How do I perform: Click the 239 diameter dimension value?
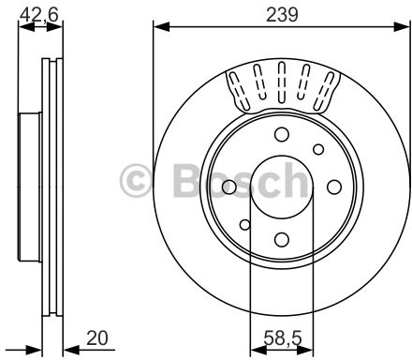tap(282, 15)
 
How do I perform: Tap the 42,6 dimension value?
tap(39, 15)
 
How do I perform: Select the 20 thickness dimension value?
tap(97, 337)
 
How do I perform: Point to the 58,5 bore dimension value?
tap(283, 338)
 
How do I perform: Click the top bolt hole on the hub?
tap(282, 134)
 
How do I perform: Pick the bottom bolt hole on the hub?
tap(282, 239)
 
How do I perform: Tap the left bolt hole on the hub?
tap(229, 187)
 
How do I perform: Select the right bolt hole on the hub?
tap(334, 187)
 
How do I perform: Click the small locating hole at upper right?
tap(318, 149)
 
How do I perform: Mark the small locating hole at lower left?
tap(245, 224)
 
